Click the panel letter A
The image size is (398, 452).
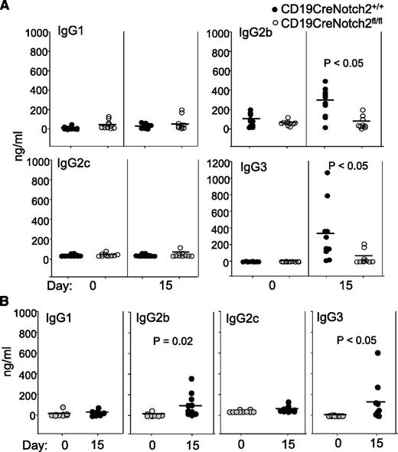pos(8,8)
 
